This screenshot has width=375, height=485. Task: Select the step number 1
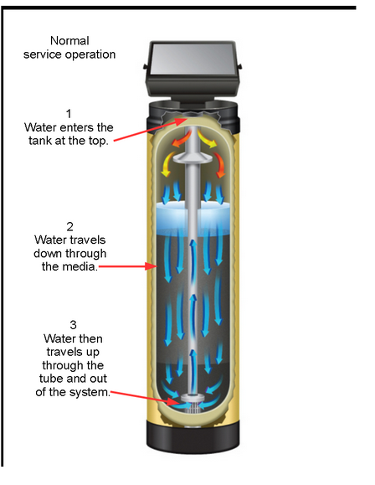pyautogui.click(x=70, y=112)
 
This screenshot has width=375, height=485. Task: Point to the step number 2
pyautogui.click(x=70, y=226)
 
